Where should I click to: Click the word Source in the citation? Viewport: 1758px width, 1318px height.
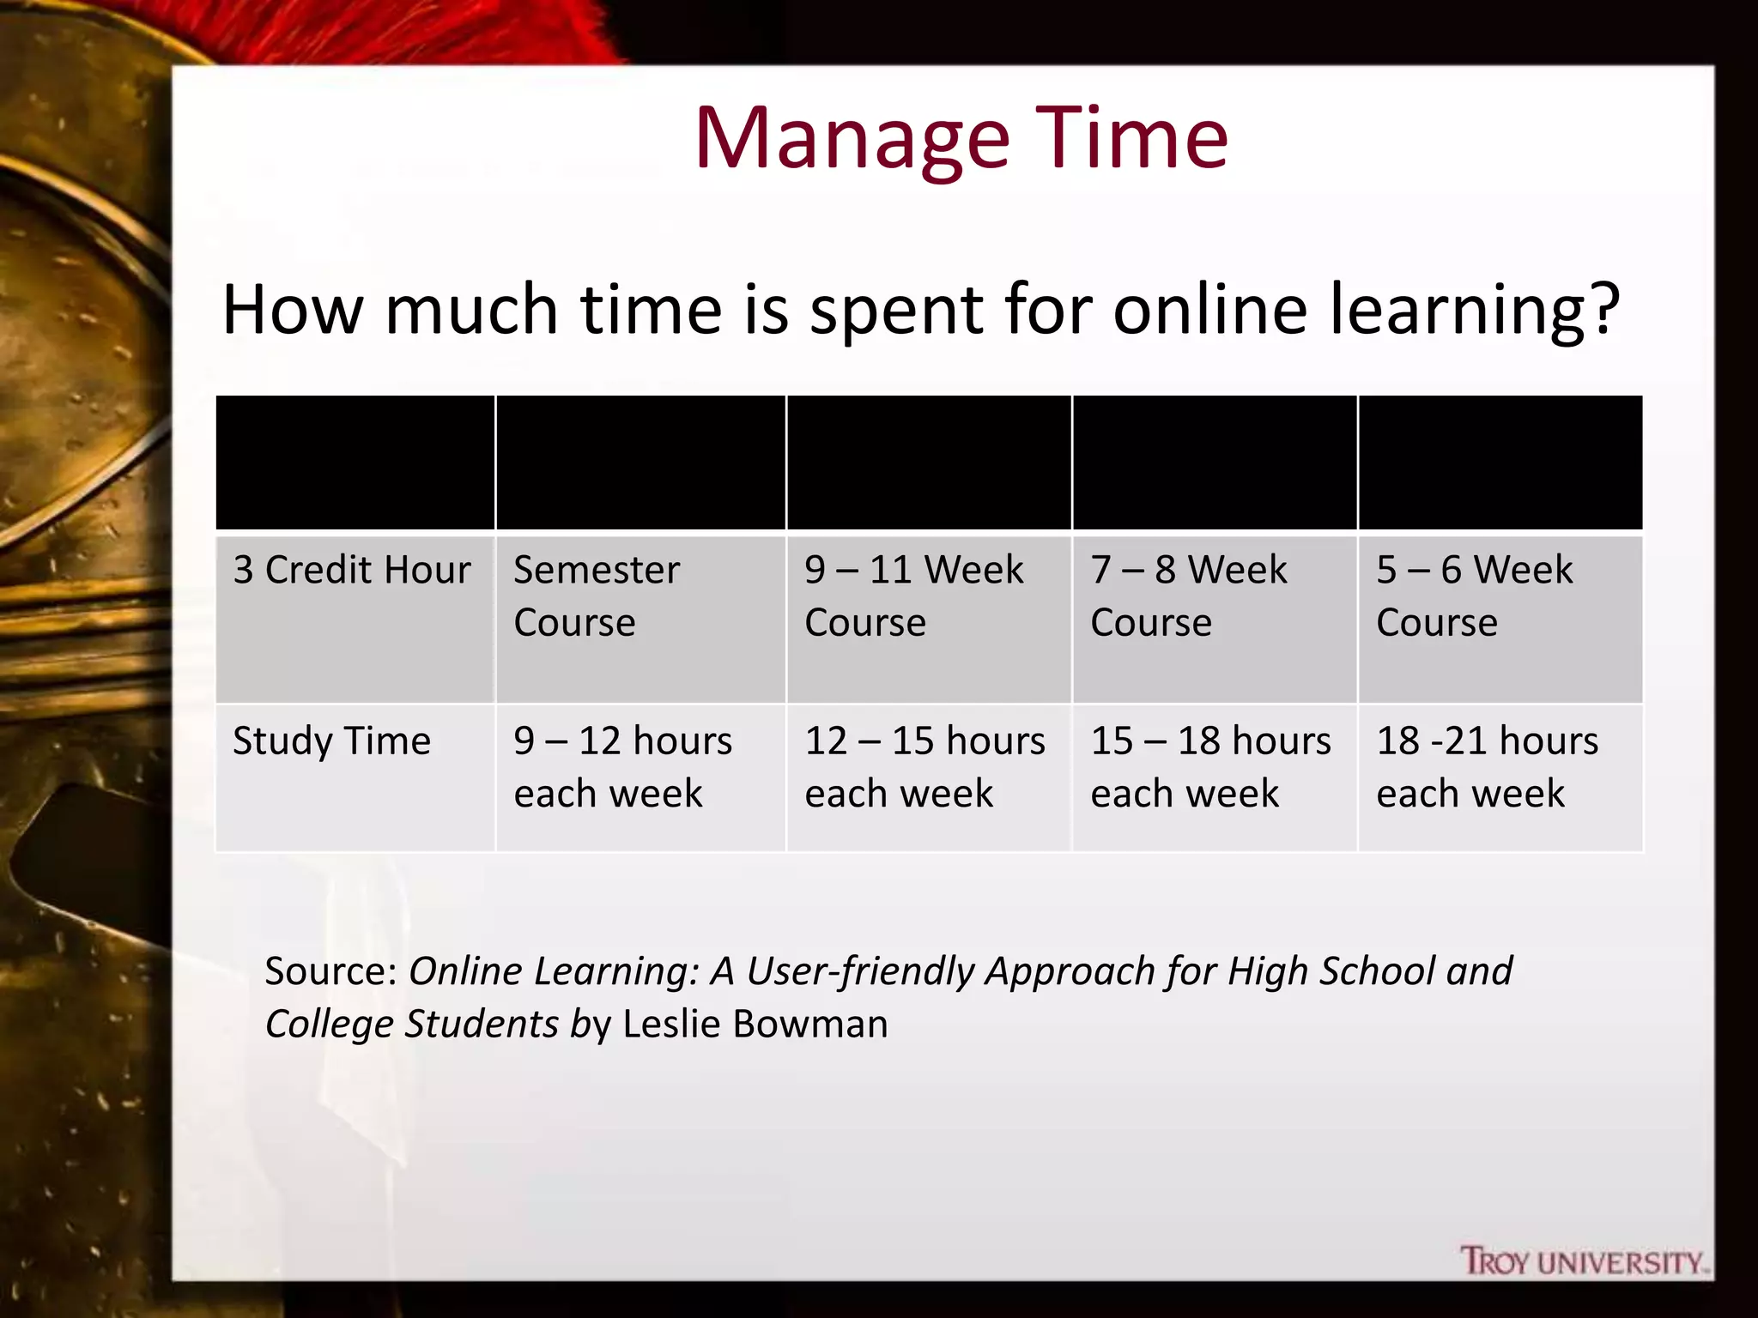coord(329,971)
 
